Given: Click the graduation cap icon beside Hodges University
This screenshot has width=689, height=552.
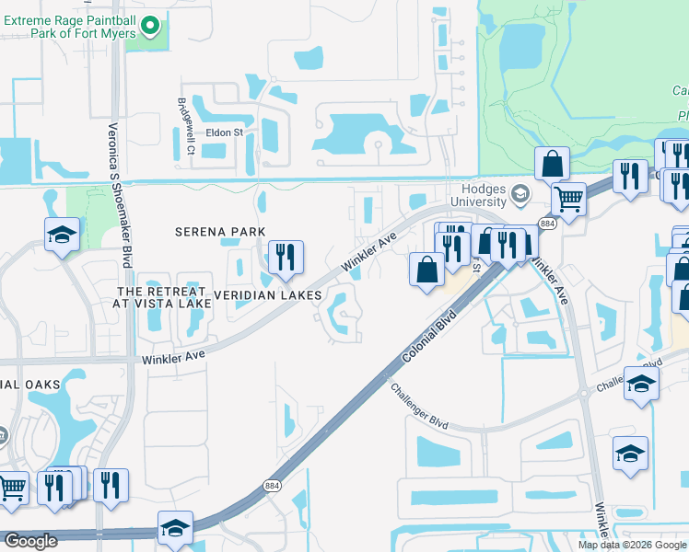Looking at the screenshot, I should point(520,194).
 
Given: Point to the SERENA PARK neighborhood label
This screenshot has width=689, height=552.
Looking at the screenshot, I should point(220,232).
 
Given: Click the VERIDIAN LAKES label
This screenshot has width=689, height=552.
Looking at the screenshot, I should point(267,295).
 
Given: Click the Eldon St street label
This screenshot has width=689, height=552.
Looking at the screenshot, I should point(224,132).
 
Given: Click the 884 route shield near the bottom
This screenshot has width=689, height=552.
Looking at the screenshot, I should point(272,486).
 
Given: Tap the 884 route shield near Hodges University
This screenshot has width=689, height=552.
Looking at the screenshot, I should point(548,224).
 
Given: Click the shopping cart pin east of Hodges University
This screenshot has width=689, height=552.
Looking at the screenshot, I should point(569,197).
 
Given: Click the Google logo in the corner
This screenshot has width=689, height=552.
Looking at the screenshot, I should point(30,541).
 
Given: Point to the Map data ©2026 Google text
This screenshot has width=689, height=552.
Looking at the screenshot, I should point(632,545).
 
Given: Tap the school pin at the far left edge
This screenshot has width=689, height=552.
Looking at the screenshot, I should point(62,236).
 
